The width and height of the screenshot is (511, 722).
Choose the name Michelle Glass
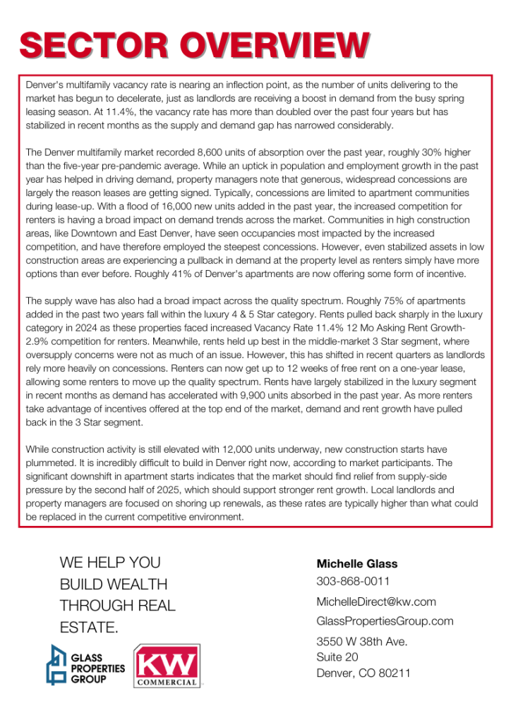357,564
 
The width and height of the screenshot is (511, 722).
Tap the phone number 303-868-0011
353,582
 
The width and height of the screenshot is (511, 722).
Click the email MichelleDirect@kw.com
376,601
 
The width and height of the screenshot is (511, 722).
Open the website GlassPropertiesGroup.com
385,621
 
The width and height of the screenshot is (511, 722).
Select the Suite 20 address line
337,657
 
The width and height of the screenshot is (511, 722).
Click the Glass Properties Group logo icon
58,666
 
